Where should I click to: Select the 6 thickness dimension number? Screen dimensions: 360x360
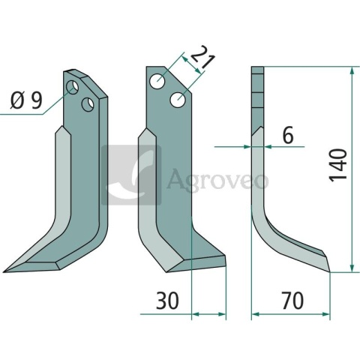tap(287, 135)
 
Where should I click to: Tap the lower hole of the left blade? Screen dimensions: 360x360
tap(88, 102)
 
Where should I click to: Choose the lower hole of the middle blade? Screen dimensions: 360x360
tap(178, 98)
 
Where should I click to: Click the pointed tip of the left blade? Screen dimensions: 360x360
tap(7, 270)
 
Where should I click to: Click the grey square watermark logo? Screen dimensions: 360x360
tap(131, 175)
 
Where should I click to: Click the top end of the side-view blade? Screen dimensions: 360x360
tap(258, 70)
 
